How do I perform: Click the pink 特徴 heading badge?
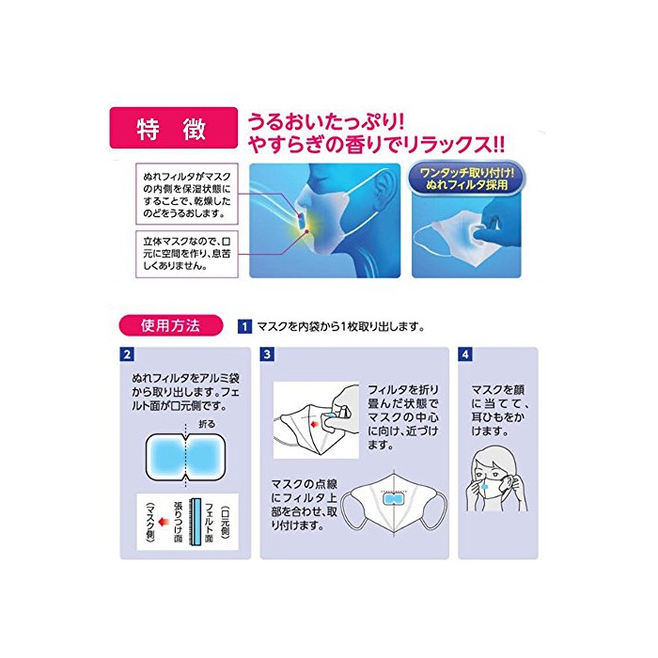(x=173, y=128)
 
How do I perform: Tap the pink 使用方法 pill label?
(x=170, y=325)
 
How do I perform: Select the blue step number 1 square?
(x=244, y=326)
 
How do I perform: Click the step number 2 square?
(x=127, y=354)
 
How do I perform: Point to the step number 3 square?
(x=267, y=354)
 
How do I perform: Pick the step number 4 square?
(x=465, y=354)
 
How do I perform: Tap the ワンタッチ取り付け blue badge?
(x=466, y=180)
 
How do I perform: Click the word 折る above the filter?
(x=207, y=423)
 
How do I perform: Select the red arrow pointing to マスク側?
(x=164, y=522)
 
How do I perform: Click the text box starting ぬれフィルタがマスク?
(x=187, y=195)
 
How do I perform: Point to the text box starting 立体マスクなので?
(x=187, y=254)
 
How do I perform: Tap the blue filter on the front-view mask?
(x=394, y=498)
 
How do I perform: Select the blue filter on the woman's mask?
(x=485, y=487)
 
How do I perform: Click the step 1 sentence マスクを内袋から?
(x=340, y=326)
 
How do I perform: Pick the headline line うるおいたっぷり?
(x=326, y=122)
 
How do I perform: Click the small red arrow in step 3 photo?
(x=313, y=425)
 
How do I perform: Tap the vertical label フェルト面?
(x=209, y=522)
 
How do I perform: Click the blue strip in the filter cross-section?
(x=196, y=522)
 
